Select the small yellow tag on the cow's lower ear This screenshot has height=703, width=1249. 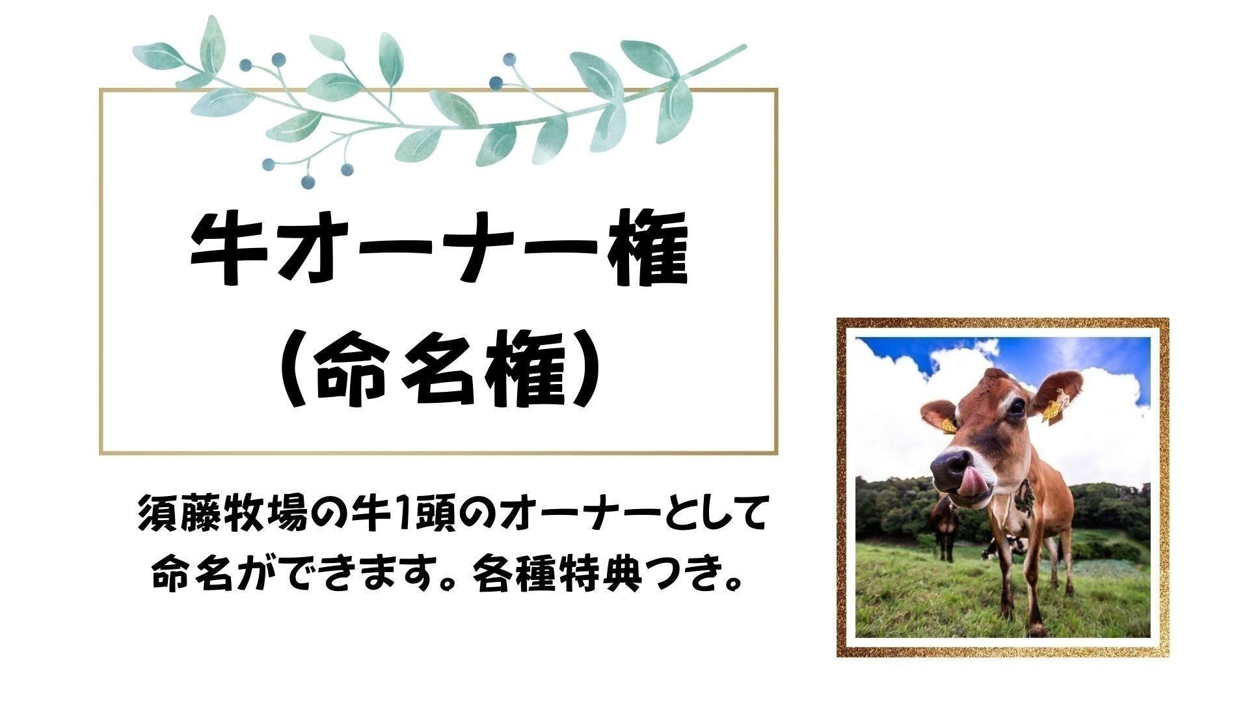[948, 426]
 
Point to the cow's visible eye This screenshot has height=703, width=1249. [1015, 408]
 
